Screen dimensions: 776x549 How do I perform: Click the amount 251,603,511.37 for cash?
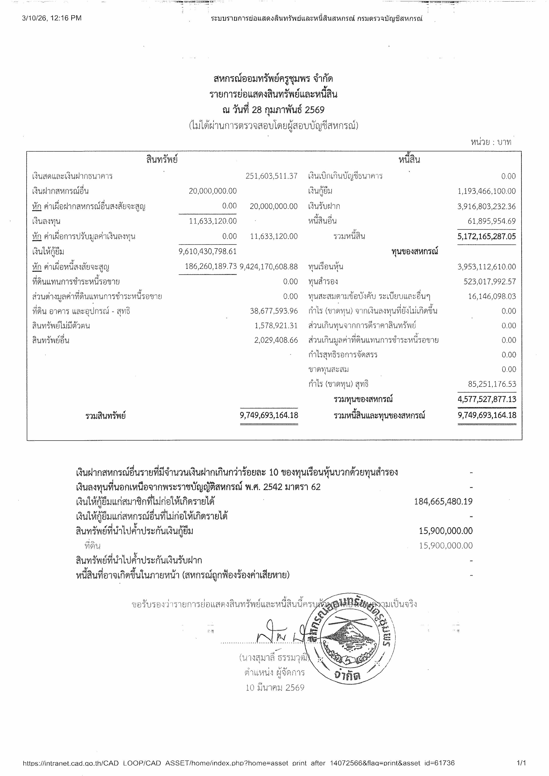point(271,176)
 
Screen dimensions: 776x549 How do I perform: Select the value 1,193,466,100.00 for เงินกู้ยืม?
point(486,191)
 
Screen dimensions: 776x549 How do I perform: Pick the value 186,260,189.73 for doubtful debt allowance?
point(211,266)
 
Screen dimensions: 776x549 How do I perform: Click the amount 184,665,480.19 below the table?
point(443,501)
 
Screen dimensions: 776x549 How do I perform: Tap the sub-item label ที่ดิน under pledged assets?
point(93,546)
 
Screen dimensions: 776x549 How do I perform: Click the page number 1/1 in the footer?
point(521,763)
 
